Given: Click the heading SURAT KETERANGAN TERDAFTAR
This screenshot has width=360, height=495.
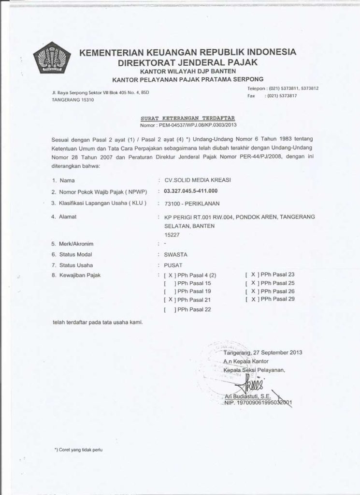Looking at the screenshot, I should pyautogui.click(x=180, y=117).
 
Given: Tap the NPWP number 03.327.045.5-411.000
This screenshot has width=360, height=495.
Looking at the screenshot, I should pyautogui.click(x=191, y=191).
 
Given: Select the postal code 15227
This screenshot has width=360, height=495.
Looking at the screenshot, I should pyautogui.click(x=172, y=234).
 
